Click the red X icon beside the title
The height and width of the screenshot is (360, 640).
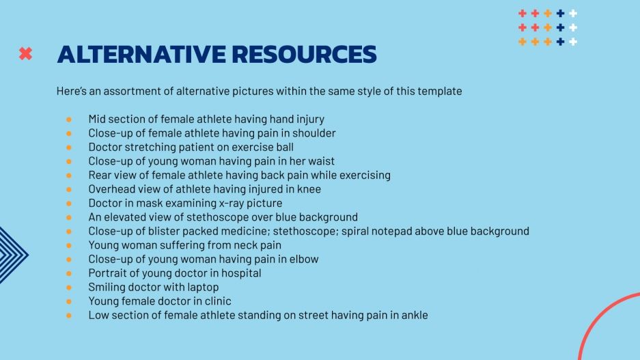(25, 53)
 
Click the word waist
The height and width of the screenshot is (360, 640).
(321, 161)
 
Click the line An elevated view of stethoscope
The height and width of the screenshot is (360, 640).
(223, 217)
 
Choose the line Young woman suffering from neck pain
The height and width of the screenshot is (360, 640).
(184, 245)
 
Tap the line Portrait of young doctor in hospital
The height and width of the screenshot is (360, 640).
(174, 273)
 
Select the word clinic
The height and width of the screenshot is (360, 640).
(216, 301)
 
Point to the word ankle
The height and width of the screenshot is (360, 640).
(413, 315)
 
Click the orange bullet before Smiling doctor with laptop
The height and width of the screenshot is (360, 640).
(69, 288)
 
